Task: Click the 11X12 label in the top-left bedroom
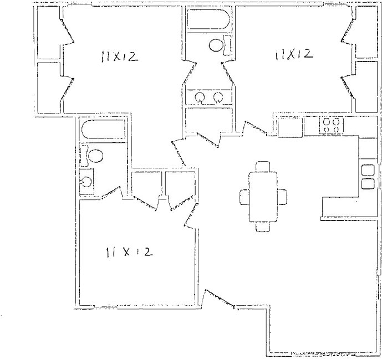tap(119, 56)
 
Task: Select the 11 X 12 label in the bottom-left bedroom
tap(129, 252)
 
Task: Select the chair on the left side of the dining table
tap(245, 197)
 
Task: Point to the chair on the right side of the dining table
tap(283, 197)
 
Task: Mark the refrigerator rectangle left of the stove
tap(289, 127)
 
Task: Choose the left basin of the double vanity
tap(200, 98)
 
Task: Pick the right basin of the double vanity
tap(218, 98)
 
